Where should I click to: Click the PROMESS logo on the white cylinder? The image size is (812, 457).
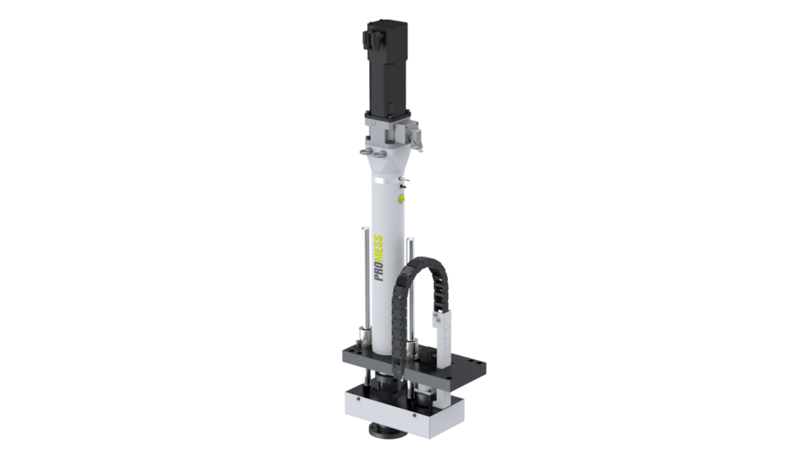[x=378, y=258]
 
